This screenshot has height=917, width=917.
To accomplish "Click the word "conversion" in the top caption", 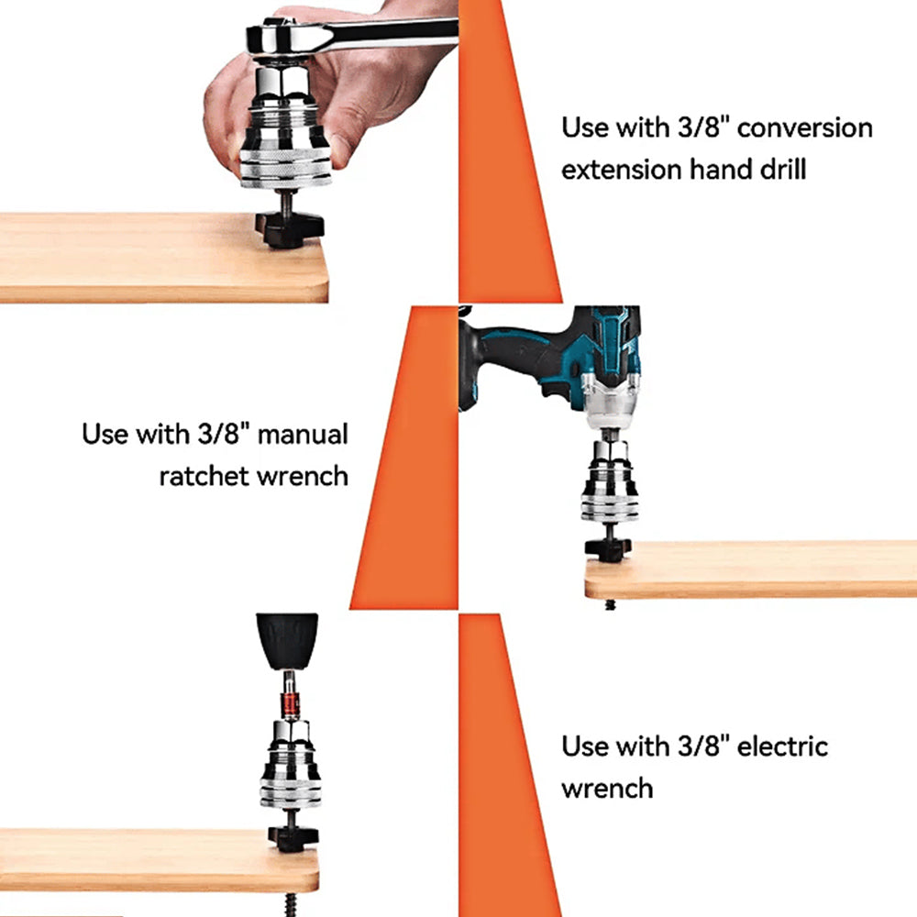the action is point(805,128).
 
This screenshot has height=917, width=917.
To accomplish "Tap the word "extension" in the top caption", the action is point(622,171).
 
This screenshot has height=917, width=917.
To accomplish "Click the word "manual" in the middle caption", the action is point(303,435).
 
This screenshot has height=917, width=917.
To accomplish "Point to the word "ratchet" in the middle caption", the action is point(204,477).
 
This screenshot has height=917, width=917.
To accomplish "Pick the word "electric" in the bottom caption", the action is point(782,746).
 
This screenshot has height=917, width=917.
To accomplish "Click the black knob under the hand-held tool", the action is point(289,228).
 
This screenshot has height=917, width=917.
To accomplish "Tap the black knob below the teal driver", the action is point(608,549).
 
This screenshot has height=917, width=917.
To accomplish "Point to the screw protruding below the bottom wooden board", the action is point(291,904).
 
